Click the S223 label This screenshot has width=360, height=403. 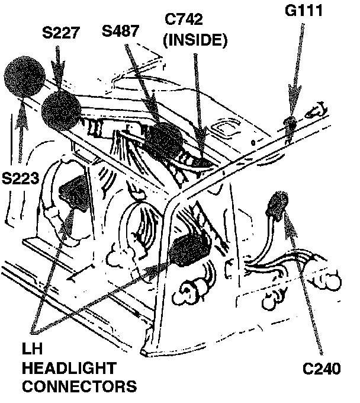coord(22,179)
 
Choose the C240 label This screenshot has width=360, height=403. coord(320,370)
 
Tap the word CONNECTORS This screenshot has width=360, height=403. coord(79,387)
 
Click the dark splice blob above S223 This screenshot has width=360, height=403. coord(24,78)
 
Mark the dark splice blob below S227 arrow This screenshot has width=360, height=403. coord(63,111)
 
